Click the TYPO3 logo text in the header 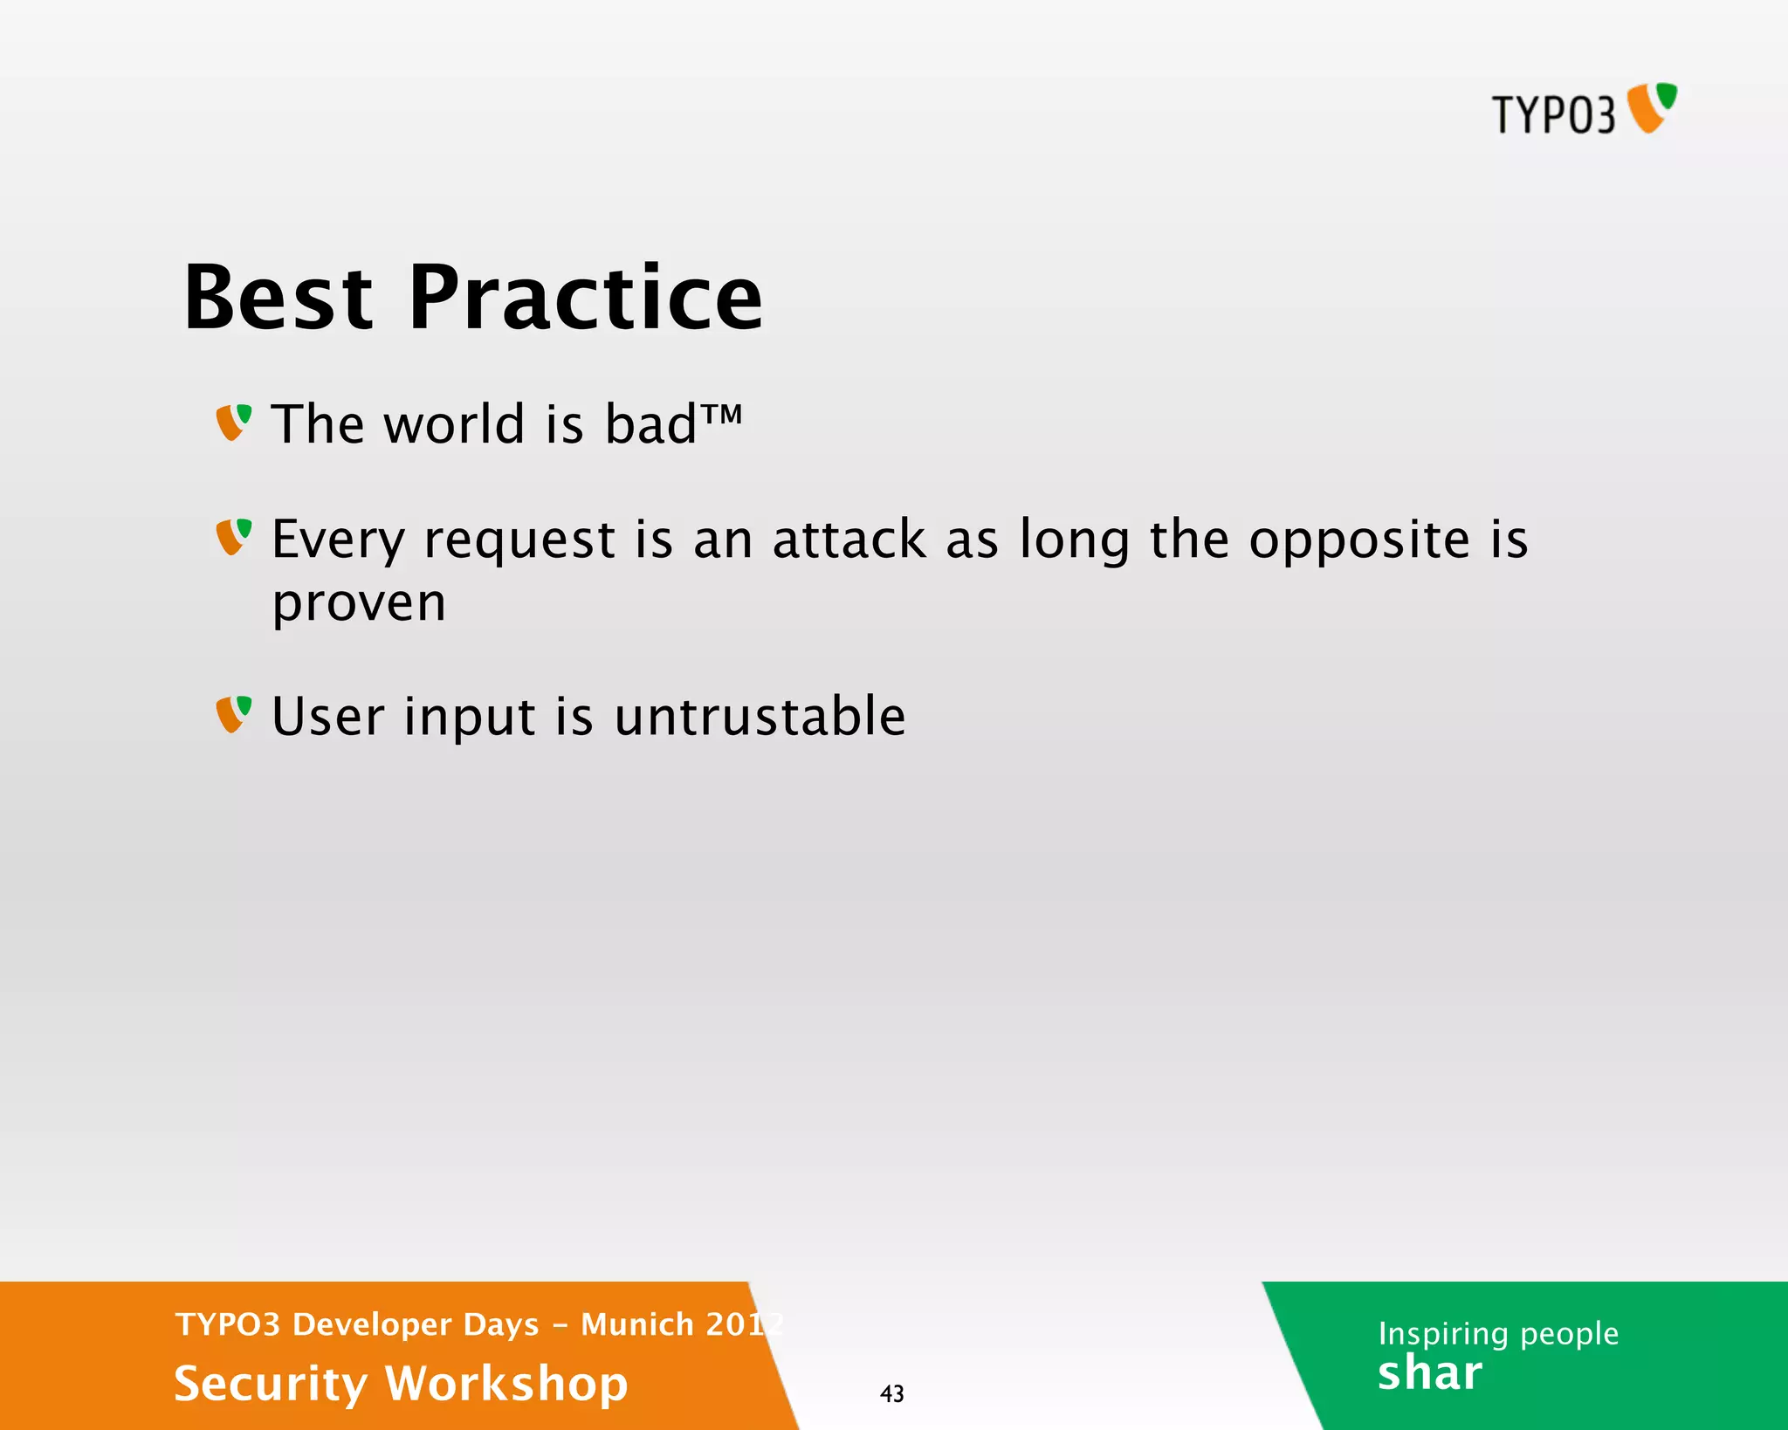point(1552,114)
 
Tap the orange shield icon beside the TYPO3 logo point(1651,108)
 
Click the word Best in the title point(279,299)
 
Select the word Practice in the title point(586,299)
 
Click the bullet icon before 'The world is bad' point(233,423)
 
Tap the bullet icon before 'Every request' point(233,537)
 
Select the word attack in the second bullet point(849,540)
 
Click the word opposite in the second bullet point(1359,541)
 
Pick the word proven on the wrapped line point(359,604)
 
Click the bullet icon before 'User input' point(233,714)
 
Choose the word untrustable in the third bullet point(760,717)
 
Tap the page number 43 point(891,1393)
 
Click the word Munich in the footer point(636,1324)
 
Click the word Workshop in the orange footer point(506,1384)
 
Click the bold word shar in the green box point(1429,1373)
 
